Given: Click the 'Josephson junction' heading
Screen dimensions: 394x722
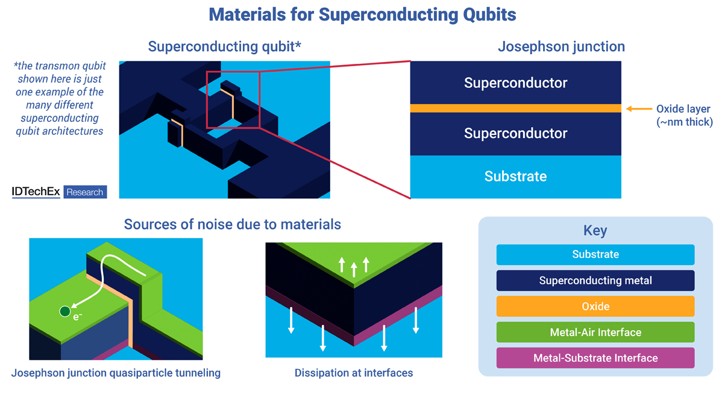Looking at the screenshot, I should [x=560, y=46].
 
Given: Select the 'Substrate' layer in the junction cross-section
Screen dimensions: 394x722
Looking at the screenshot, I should [x=515, y=177].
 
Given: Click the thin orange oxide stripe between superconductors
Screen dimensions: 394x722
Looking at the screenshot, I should [x=515, y=108].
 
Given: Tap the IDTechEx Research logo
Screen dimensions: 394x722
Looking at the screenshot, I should [x=59, y=192].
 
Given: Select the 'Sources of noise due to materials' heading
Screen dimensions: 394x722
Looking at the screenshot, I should [x=232, y=225].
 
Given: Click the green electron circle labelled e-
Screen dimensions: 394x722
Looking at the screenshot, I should [x=64, y=311].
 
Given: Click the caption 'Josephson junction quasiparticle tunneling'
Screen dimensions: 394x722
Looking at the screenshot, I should [x=116, y=373].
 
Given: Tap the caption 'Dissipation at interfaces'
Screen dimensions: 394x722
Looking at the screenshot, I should [x=354, y=373].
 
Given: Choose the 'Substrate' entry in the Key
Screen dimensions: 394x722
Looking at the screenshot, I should [x=595, y=255].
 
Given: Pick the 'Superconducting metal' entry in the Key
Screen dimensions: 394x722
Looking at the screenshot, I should [x=595, y=281].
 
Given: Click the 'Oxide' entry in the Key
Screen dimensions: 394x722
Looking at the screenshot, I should [x=595, y=307].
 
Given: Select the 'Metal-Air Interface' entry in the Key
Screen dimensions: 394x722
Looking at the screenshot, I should [x=595, y=333].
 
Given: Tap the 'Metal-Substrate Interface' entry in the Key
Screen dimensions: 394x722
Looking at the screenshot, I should [x=595, y=358].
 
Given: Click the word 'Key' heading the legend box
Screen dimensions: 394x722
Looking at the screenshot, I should [x=595, y=231].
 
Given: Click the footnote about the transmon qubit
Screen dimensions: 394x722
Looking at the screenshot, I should [x=59, y=98].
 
